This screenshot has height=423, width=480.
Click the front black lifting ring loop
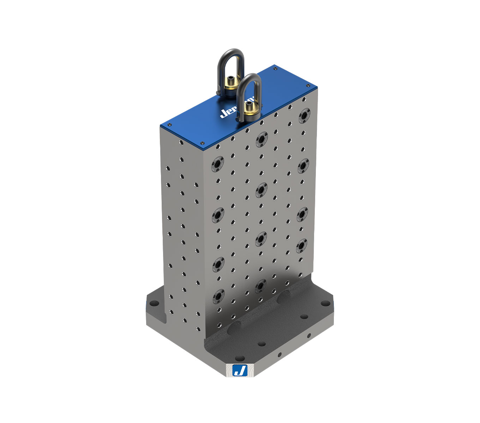click(249, 81)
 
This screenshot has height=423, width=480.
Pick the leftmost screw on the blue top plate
click(169, 124)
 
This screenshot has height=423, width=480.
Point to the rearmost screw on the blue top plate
click(275, 69)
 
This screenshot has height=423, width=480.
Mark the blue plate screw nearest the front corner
click(202, 143)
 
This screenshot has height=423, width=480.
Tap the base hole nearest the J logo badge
click(240, 358)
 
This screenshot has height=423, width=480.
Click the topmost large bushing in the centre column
click(262, 139)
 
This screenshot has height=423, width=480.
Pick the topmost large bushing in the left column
click(218, 164)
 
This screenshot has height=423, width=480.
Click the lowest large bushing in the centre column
click(260, 286)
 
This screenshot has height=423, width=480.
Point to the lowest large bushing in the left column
click(218, 296)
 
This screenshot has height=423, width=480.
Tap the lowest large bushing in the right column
click(301, 246)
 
